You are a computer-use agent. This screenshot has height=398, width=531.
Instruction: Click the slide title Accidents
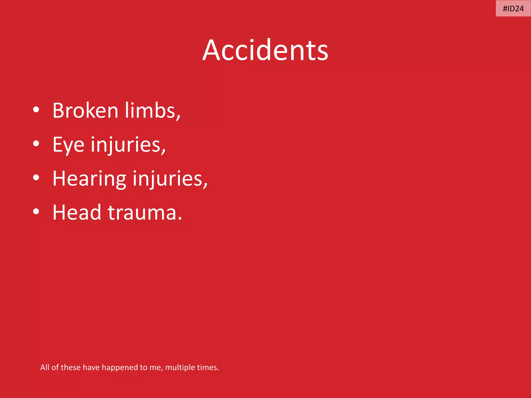click(265, 50)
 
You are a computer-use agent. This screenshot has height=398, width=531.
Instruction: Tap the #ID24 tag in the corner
click(513, 9)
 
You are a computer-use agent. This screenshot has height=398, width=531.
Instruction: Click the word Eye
click(68, 145)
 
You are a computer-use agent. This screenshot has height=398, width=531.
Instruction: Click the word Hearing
click(89, 179)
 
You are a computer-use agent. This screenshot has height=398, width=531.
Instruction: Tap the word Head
click(77, 212)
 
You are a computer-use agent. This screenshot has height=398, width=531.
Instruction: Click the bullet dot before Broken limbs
click(36, 110)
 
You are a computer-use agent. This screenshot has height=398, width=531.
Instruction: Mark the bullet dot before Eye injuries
click(36, 144)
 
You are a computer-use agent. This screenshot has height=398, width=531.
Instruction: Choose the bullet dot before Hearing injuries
click(36, 177)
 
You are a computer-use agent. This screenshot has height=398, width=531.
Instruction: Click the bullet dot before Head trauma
click(36, 211)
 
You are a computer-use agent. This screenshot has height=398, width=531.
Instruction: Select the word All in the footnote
click(45, 367)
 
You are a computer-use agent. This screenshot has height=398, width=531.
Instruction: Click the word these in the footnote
click(71, 367)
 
